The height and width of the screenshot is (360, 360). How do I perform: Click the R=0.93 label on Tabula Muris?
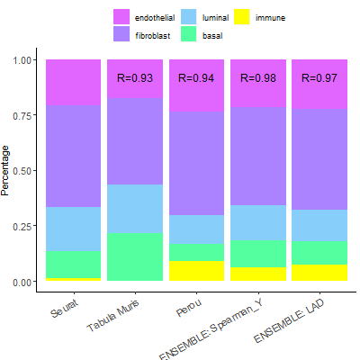(x=134, y=78)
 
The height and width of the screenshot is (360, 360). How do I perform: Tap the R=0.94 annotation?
(x=196, y=78)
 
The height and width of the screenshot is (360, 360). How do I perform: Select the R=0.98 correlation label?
(x=257, y=78)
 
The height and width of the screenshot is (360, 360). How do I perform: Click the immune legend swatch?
(x=243, y=17)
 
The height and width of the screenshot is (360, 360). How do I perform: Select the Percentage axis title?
(x=8, y=170)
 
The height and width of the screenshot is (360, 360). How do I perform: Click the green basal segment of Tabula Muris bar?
(x=134, y=256)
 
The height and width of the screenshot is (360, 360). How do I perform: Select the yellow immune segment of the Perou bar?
(x=196, y=271)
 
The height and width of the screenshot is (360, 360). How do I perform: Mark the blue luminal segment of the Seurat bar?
(x=73, y=229)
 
